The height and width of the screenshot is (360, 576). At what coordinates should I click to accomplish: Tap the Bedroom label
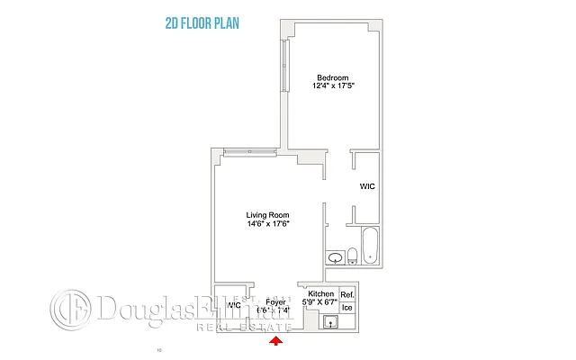pyautogui.click(x=332, y=76)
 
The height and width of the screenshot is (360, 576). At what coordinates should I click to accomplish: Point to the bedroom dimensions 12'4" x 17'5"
pyautogui.click(x=332, y=86)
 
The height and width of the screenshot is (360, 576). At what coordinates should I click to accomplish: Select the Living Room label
pyautogui.click(x=268, y=214)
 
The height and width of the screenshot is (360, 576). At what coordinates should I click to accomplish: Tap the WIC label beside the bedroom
pyautogui.click(x=367, y=186)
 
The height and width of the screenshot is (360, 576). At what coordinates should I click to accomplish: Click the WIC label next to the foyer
pyautogui.click(x=234, y=306)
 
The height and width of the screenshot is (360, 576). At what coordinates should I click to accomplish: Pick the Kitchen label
pyautogui.click(x=321, y=294)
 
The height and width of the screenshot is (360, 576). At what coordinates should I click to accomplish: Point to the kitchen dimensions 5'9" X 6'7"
pyautogui.click(x=321, y=303)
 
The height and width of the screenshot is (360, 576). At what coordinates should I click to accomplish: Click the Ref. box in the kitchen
pyautogui.click(x=347, y=295)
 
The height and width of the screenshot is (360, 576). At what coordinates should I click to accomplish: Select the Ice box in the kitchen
pyautogui.click(x=347, y=308)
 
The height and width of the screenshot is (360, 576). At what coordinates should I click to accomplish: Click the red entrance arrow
pyautogui.click(x=277, y=339)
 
